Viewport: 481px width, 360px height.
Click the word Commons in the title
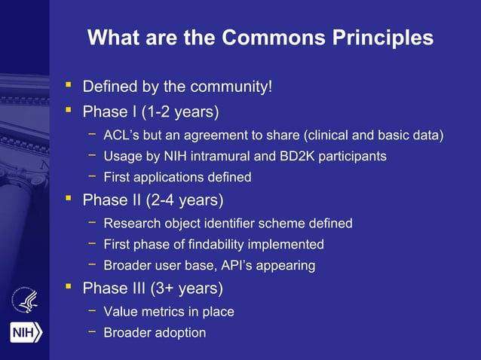point(269,37)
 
